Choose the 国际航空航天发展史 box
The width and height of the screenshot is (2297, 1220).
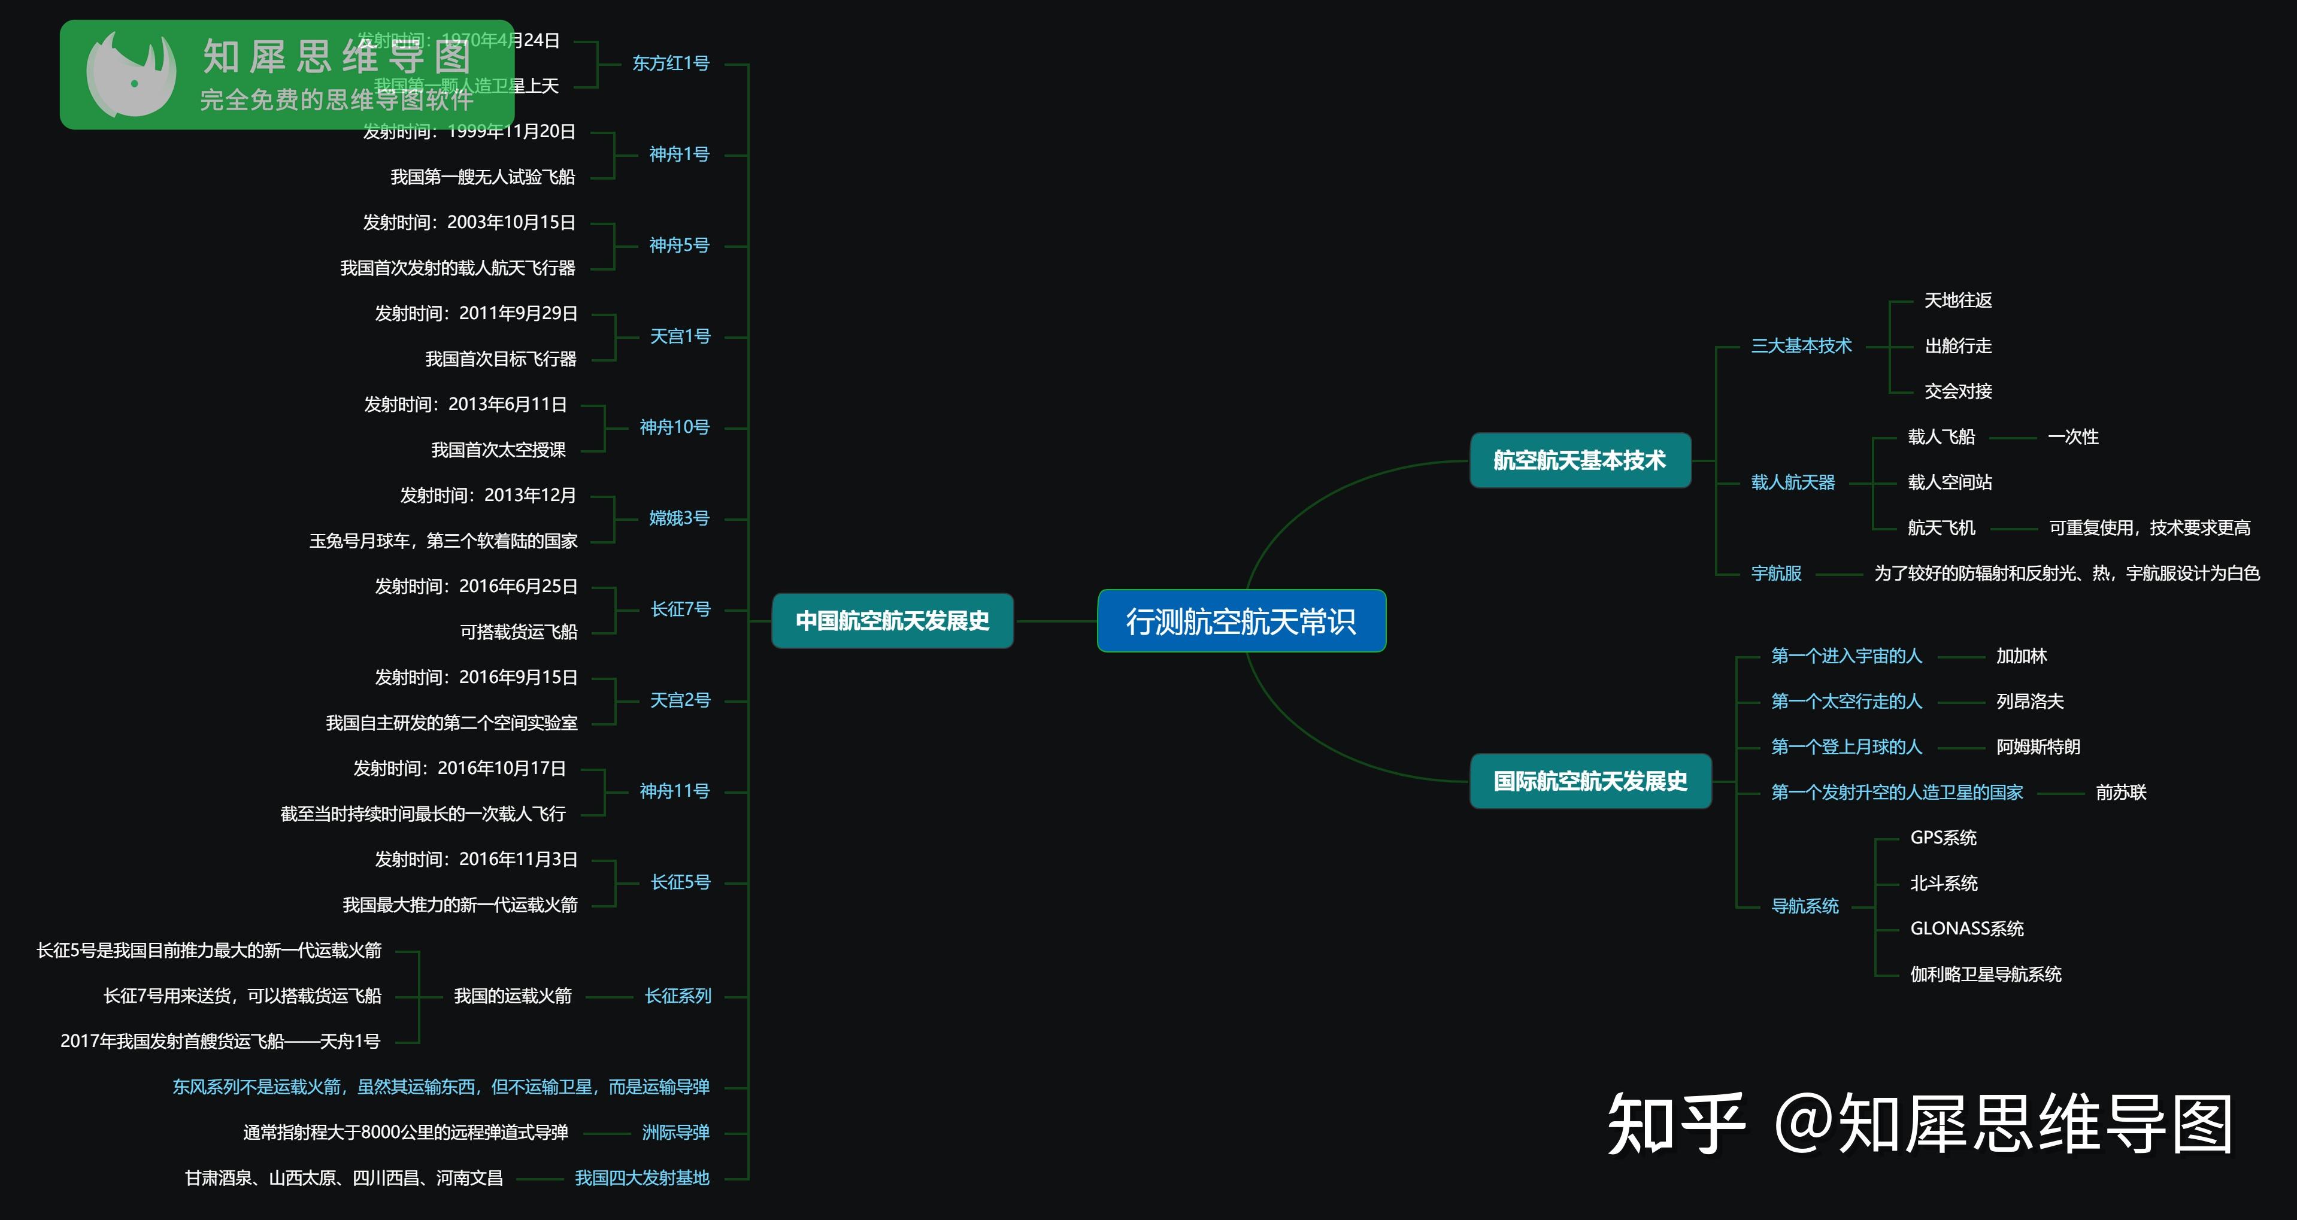[1590, 782]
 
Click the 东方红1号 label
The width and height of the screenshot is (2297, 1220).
[671, 63]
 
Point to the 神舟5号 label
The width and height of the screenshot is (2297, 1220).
[678, 245]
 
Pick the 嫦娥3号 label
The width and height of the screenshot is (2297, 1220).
[678, 518]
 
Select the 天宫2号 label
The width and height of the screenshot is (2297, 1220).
[680, 700]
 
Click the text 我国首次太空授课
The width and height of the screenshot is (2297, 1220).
[498, 450]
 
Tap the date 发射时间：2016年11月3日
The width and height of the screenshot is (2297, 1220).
[476, 859]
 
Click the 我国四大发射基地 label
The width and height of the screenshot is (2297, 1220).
[642, 1178]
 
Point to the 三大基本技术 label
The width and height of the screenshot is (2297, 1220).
[1801, 346]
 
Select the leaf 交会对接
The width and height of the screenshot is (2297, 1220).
[1958, 392]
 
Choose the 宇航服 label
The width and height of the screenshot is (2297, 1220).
[1776, 573]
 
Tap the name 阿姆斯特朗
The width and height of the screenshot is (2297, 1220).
[2038, 747]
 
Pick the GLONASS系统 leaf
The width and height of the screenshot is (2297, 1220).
[1967, 928]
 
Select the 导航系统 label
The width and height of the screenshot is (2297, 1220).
[1805, 906]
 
